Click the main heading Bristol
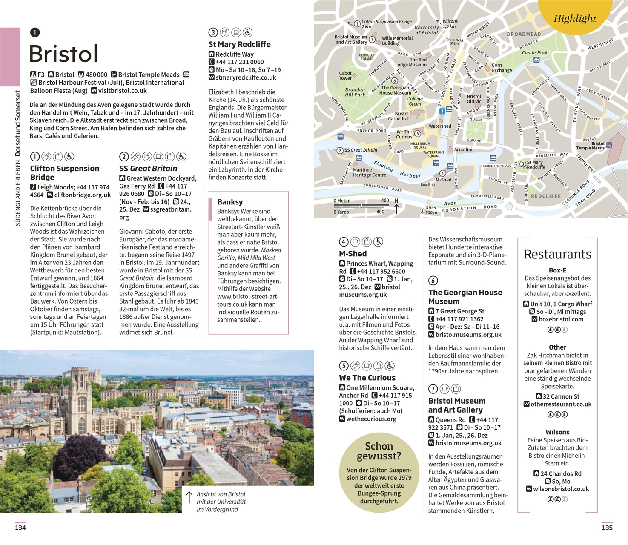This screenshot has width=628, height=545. [64, 54]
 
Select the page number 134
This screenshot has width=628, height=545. [20, 528]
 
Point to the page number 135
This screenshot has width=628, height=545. [607, 528]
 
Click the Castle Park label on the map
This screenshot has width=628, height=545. [535, 53]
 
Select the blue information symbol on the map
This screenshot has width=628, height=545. [442, 111]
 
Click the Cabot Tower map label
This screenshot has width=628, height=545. [345, 75]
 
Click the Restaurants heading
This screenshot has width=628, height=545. [557, 254]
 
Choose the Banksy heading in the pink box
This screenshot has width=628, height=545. [230, 202]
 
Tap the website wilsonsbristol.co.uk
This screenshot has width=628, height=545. [561, 489]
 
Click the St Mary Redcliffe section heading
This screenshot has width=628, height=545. [239, 44]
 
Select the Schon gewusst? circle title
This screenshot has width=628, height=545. [379, 451]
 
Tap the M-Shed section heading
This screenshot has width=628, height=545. [353, 254]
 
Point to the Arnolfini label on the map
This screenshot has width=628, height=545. [463, 149]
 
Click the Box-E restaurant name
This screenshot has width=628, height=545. [557, 270]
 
